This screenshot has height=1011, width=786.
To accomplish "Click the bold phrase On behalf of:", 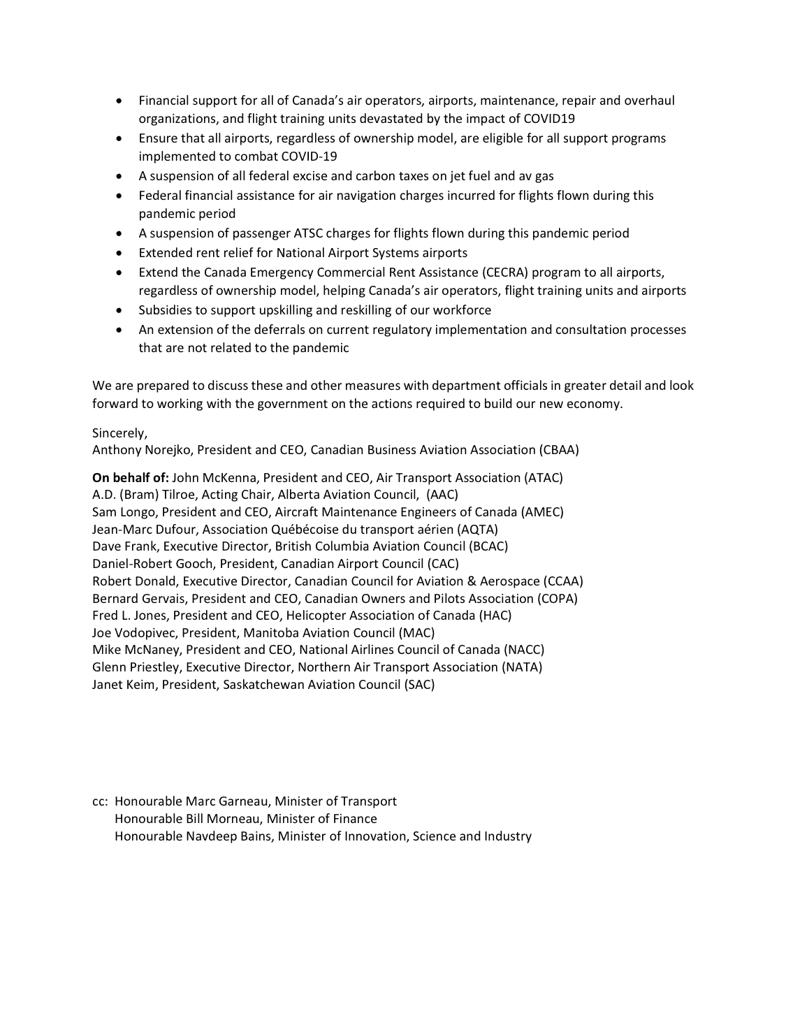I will pos(131,478).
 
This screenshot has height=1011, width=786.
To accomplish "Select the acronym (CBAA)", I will pos(558,451).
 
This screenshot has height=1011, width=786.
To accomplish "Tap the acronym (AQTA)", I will pos(477,530).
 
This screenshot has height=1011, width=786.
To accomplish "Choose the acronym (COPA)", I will pos(557,599).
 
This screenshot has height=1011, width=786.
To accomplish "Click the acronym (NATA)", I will pos(521,667).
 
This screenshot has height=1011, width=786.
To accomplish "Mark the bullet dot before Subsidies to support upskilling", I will pos(122,310).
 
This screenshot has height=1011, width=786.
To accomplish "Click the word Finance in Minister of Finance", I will pos(355,819).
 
